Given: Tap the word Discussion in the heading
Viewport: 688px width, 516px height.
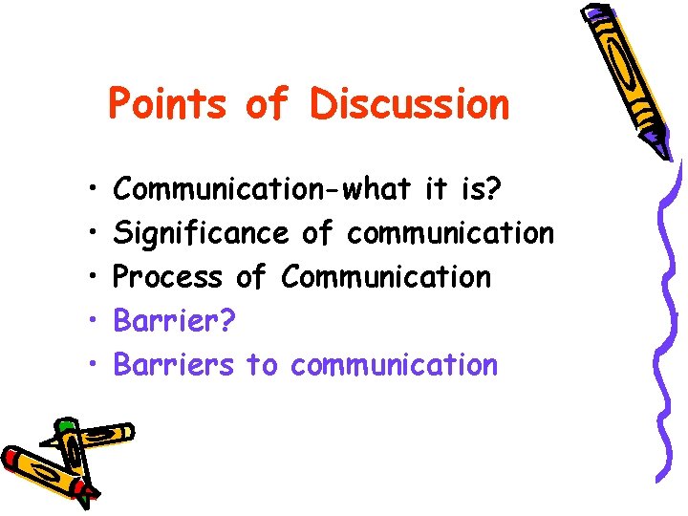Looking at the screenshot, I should click(409, 103).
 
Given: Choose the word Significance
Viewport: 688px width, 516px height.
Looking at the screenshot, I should click(200, 233).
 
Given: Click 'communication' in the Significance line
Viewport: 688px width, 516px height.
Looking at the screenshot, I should click(450, 233).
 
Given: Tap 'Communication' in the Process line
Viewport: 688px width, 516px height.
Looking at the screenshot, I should click(386, 277).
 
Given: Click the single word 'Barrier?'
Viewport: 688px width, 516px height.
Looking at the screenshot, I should click(172, 321).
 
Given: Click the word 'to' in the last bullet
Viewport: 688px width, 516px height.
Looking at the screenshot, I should click(261, 365).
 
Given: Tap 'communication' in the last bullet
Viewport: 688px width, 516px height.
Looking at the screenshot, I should click(394, 365).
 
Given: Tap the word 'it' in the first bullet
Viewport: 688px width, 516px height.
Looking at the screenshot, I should click(435, 189).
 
